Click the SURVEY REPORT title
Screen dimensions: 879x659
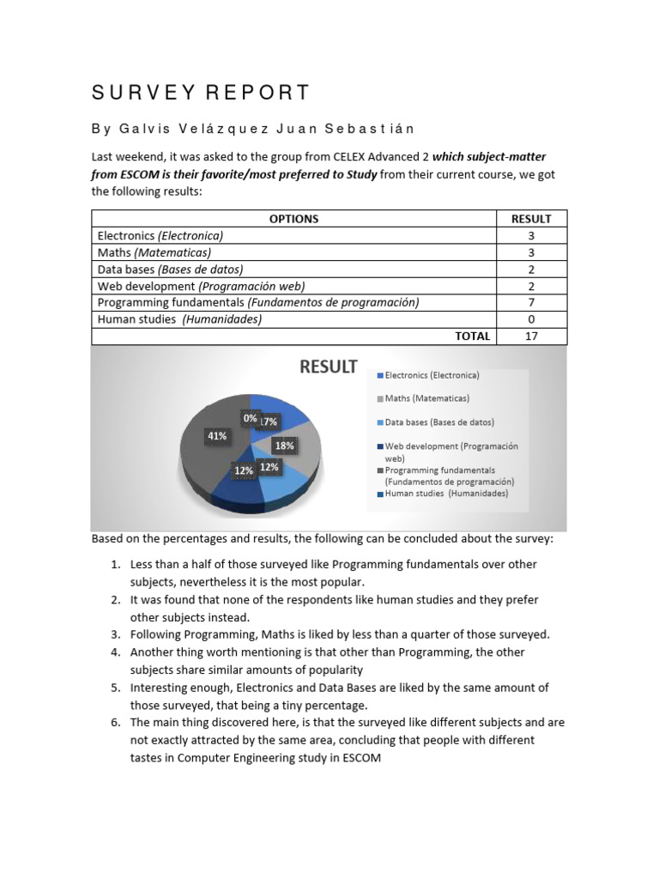point(201,93)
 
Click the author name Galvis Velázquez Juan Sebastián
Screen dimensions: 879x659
point(252,129)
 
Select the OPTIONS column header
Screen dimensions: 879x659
point(293,219)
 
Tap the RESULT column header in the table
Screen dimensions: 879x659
point(531,219)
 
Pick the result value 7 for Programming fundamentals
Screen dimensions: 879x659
point(531,302)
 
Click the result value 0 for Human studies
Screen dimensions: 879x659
point(531,318)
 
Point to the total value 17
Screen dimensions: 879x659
point(531,336)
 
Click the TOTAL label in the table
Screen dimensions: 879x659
point(473,336)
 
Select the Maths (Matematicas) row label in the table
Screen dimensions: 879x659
point(154,252)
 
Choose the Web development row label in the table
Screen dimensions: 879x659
point(201,286)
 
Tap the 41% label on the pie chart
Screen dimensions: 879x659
point(217,436)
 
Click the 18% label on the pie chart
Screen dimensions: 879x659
point(284,446)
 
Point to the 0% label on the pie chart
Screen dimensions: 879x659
point(250,418)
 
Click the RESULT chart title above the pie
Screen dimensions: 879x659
point(328,367)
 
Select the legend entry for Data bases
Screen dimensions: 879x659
point(438,421)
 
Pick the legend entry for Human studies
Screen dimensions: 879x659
point(445,494)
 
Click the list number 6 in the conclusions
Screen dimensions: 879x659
point(115,723)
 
